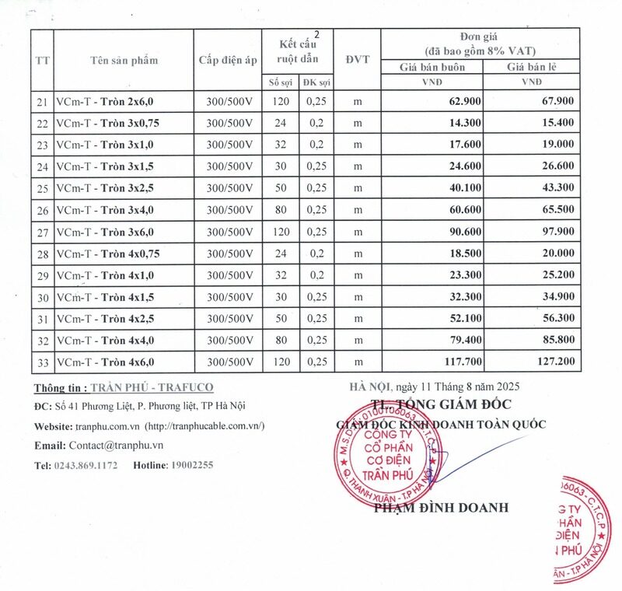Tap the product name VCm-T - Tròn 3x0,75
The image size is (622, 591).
tap(108, 123)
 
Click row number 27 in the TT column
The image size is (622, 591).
tap(42, 233)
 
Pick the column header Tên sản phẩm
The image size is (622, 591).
tap(124, 60)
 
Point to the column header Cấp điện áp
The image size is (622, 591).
tap(228, 60)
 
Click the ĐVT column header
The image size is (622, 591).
tap(358, 60)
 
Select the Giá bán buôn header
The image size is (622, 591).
tap(431, 67)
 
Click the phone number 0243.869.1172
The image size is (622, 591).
tap(86, 465)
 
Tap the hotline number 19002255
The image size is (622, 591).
tap(192, 465)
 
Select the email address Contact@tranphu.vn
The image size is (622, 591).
tap(116, 446)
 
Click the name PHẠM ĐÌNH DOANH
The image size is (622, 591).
tap(441, 508)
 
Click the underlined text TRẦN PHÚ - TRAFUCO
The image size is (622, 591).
tap(152, 386)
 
